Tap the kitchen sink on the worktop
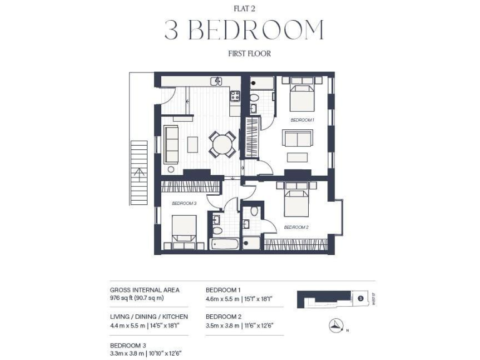tap(216, 81)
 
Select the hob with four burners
tap(235, 96)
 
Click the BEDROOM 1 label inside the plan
tap(302, 119)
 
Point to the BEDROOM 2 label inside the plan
tap(296, 227)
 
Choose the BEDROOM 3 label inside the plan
tap(184, 203)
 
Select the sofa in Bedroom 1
tap(297, 139)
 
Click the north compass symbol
tap(336, 324)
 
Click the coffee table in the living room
tap(192, 144)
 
